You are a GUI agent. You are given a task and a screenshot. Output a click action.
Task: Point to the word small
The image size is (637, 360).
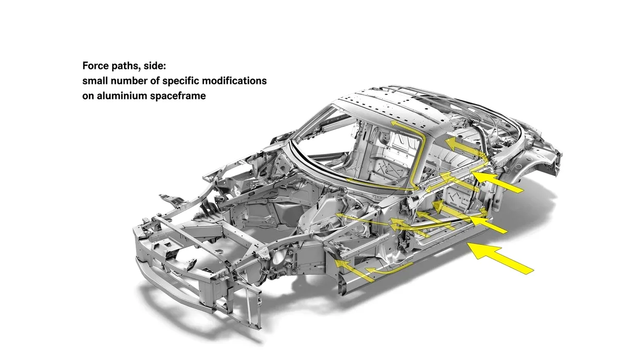(x=95, y=81)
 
